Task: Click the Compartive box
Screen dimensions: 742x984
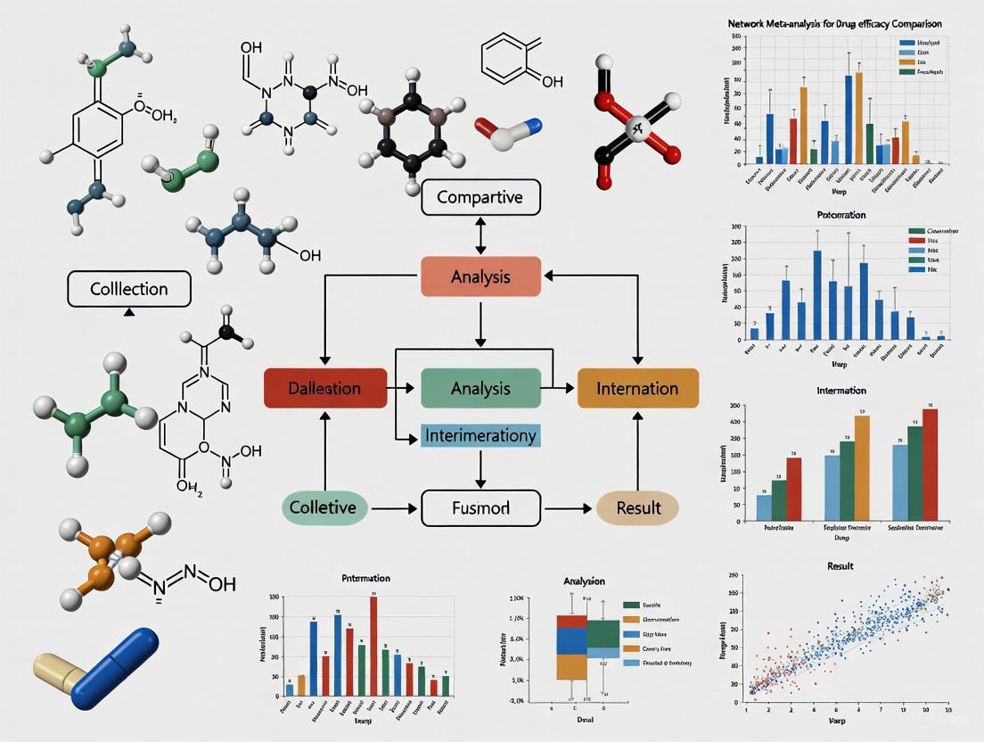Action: pos(480,197)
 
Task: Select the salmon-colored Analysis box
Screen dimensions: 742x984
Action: pos(480,276)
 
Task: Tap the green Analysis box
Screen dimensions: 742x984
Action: pos(480,388)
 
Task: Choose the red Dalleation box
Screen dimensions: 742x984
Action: pos(325,388)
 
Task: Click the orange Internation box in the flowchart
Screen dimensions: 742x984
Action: pos(637,388)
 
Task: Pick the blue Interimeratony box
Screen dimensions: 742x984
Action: pos(480,436)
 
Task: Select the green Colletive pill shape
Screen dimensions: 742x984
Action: pos(323,507)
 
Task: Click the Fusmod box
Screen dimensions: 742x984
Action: pos(480,507)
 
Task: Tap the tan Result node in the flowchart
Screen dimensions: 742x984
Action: pos(637,507)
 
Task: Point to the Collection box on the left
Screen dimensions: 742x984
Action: pos(129,289)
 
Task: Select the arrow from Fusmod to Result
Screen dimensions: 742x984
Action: pos(569,508)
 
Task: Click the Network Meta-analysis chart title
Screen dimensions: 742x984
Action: pos(835,23)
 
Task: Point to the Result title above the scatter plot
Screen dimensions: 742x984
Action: pos(840,566)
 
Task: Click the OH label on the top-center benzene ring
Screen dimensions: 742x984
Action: pos(552,81)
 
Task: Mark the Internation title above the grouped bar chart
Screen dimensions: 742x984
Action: pos(840,391)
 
